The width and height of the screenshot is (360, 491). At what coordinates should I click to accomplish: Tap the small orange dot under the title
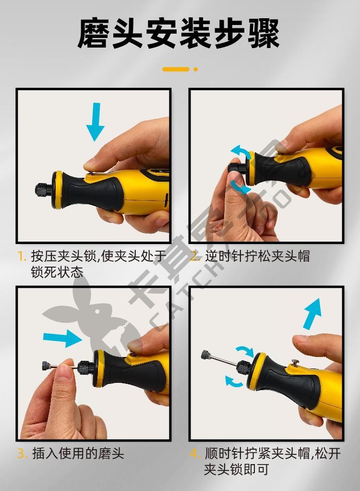[x=195, y=69]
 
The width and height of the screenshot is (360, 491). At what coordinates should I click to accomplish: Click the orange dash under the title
[x=176, y=69]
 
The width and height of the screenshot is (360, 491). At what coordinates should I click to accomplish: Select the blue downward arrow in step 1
[x=95, y=122]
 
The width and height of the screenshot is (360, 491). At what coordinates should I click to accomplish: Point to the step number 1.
[x=21, y=257]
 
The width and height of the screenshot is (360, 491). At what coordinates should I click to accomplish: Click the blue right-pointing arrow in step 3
[x=62, y=338]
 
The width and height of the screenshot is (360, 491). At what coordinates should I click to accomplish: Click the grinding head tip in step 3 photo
[x=46, y=366]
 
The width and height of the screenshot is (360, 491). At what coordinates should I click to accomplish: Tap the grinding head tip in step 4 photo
[x=206, y=355]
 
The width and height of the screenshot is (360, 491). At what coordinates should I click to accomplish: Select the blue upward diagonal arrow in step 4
[x=312, y=313]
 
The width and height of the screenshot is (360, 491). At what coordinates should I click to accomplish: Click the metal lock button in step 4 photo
[x=295, y=362]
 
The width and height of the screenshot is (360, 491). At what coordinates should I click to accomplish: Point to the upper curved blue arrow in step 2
[x=241, y=151]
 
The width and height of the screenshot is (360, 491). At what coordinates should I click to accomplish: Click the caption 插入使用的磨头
[x=78, y=454]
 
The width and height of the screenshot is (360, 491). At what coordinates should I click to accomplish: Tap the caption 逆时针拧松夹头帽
[x=257, y=257]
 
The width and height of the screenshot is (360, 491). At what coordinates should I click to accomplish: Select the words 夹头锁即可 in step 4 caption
[x=237, y=469]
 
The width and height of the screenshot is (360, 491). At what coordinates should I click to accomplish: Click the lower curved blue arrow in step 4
[x=234, y=381]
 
